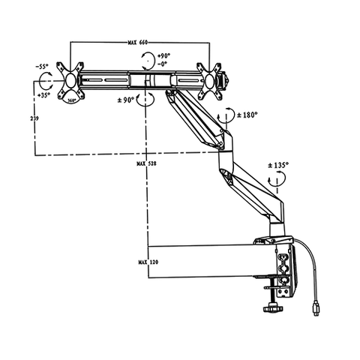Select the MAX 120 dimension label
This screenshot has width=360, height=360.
coord(147,262)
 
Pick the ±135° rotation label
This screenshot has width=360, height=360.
coord(280,164)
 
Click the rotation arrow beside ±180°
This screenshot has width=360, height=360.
coord(224,116)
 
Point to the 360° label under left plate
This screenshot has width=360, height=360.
coord(72,98)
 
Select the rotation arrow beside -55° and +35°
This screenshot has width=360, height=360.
coord(46,80)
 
